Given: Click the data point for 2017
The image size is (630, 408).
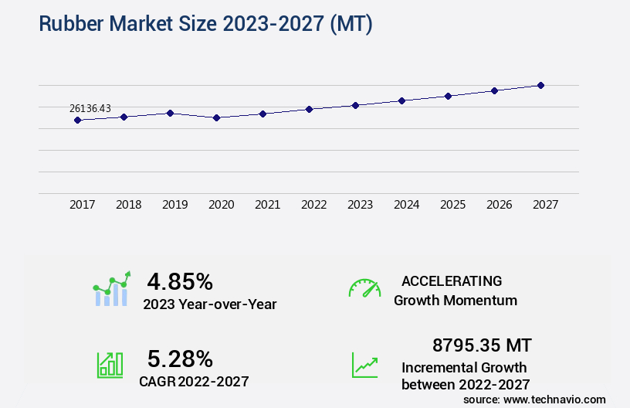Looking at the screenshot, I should pyautogui.click(x=77, y=120).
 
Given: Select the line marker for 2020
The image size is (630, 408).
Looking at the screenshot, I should pyautogui.click(x=216, y=117).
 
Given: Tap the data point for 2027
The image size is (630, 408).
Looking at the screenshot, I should pyautogui.click(x=541, y=85).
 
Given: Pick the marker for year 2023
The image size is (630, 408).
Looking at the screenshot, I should pyautogui.click(x=356, y=105).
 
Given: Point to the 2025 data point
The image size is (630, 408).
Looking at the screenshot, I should pyautogui.click(x=449, y=96).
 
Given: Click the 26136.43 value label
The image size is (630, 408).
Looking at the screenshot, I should pyautogui.click(x=90, y=109).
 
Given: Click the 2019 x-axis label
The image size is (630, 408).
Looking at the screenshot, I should pyautogui.click(x=175, y=205).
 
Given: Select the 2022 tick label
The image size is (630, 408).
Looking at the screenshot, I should pyautogui.click(x=314, y=205).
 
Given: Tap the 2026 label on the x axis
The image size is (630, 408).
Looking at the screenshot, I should pyautogui.click(x=500, y=205).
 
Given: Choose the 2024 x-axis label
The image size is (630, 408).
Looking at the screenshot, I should pyautogui.click(x=407, y=205).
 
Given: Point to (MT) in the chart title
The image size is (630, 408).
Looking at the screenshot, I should pyautogui.click(x=351, y=25).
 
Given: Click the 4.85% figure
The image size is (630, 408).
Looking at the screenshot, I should pyautogui.click(x=180, y=281).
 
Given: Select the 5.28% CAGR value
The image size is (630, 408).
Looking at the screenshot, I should pyautogui.click(x=180, y=359).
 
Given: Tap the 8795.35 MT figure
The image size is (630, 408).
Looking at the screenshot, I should pyautogui.click(x=482, y=345).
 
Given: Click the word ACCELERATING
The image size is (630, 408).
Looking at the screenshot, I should pyautogui.click(x=452, y=280).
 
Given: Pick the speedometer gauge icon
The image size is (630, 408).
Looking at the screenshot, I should pyautogui.click(x=364, y=287).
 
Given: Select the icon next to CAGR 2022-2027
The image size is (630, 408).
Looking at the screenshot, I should pyautogui.click(x=110, y=365).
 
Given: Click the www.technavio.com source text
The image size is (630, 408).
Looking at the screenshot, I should pyautogui.click(x=554, y=399).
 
